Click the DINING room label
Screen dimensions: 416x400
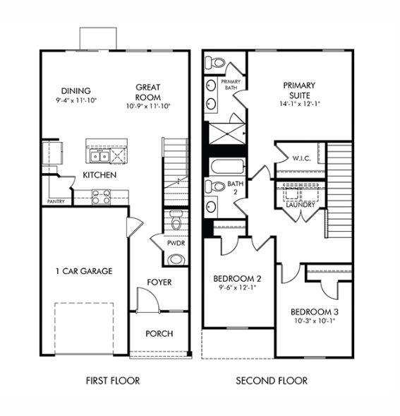point(75,90)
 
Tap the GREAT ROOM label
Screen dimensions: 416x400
point(148,93)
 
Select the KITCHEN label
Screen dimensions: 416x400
point(100,174)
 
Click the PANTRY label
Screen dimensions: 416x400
point(56,201)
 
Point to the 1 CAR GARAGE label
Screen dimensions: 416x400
point(84,271)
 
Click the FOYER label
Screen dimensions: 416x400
point(159,283)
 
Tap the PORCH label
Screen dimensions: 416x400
point(159,333)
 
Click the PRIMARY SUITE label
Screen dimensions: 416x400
point(300,90)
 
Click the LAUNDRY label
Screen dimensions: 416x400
point(301,205)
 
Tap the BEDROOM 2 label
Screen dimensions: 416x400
point(238,278)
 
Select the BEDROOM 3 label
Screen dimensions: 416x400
point(315,311)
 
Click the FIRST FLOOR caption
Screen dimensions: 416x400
point(113,381)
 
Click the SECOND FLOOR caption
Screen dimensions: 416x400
point(272,381)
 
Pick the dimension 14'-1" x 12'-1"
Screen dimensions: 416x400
point(300,104)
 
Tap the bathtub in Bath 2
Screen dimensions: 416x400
point(226,167)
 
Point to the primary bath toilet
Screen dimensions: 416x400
point(216,63)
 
